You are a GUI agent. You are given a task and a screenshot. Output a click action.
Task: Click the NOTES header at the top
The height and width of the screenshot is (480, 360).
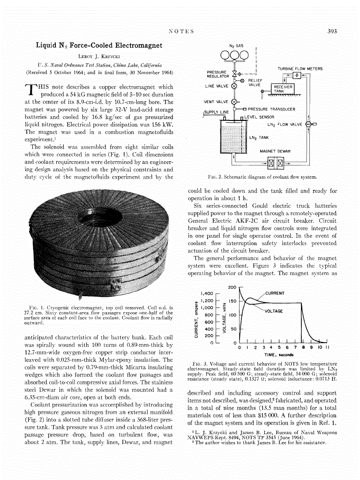pyautogui.click(x=181, y=31)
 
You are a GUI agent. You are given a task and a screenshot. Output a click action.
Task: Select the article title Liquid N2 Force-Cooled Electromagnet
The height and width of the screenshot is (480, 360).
pyautogui.click(x=99, y=45)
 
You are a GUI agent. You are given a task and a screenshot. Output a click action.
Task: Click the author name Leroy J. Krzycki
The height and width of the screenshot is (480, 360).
pyautogui.click(x=99, y=56)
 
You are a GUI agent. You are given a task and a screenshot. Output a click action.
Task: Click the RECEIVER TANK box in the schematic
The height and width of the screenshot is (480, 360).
pyautogui.click(x=283, y=89)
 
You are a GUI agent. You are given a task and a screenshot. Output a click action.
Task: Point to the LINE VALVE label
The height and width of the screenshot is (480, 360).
pyautogui.click(x=217, y=86)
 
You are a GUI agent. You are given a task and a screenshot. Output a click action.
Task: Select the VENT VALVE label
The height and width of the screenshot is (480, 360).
pyautogui.click(x=216, y=101)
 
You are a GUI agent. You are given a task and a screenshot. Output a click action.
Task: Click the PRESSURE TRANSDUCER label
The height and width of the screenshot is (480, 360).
pyautogui.click(x=271, y=109)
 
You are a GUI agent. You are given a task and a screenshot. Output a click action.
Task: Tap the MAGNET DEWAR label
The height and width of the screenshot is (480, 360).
pyautogui.click(x=275, y=151)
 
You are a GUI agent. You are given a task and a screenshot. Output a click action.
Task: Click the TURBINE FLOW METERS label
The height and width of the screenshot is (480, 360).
pyautogui.click(x=300, y=69)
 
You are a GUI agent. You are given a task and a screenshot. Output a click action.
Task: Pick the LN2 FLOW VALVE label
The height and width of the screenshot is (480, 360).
pyautogui.click(x=285, y=125)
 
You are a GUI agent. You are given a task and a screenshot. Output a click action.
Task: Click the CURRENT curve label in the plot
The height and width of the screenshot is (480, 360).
pyautogui.click(x=274, y=293)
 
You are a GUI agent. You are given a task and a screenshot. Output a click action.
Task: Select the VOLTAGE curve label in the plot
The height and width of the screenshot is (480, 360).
pyautogui.click(x=274, y=311)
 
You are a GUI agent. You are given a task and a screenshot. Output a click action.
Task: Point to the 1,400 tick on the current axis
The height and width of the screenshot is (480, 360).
pyautogui.click(x=207, y=293)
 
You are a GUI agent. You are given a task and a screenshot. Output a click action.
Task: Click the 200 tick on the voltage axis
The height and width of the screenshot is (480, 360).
pyautogui.click(x=232, y=287)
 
